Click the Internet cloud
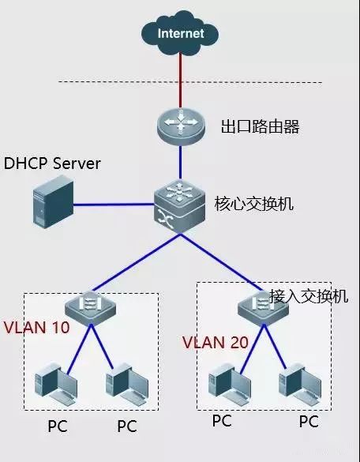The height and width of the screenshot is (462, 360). pos(180,33)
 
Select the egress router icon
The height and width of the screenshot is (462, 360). pos(180,126)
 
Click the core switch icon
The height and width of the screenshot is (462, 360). pos(179,203)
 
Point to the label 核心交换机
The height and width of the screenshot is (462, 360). pos(253,204)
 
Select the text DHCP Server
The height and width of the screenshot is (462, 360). pos(53,163)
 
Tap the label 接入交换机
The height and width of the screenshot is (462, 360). pos(309,297)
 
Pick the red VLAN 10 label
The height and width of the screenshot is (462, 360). pos(36,326)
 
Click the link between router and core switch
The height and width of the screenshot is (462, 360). pos(180,163)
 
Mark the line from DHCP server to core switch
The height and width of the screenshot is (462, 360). pos(114,204)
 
